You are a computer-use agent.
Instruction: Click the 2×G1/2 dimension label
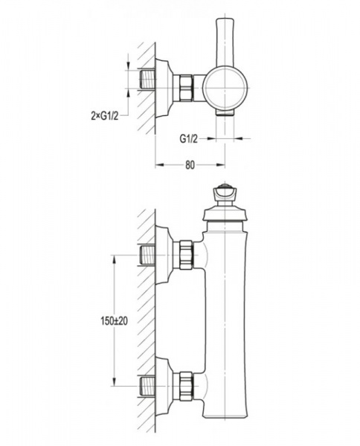[104, 116]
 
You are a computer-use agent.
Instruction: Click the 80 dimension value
[190, 165]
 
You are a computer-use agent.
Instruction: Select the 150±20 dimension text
[114, 321]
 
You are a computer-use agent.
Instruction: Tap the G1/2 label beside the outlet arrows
[188, 139]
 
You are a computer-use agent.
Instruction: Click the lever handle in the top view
[225, 42]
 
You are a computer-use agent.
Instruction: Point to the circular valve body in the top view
[225, 88]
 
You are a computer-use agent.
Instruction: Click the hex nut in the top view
[185, 88]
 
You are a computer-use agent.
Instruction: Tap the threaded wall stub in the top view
[148, 80]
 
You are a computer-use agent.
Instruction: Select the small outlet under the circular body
[225, 113]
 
